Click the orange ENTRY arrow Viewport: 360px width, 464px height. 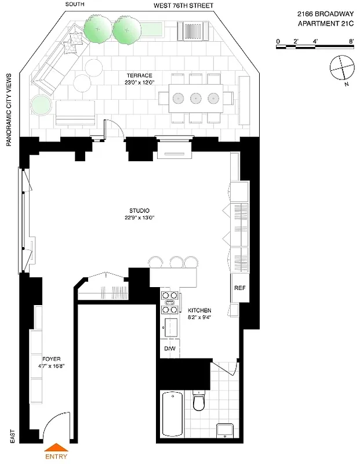coord(56,447)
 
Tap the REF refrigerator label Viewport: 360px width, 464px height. coord(240,288)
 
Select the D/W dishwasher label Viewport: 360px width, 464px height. coord(169,348)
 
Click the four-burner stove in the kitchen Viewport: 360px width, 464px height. coord(171,298)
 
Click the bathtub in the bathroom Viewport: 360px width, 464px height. coord(173,414)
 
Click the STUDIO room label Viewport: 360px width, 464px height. coord(140,211)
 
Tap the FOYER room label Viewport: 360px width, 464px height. coord(52,359)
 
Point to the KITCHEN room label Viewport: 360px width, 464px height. coord(199,311)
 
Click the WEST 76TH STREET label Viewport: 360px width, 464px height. coord(183,6)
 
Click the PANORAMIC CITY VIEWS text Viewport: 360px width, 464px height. coord(10,110)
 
